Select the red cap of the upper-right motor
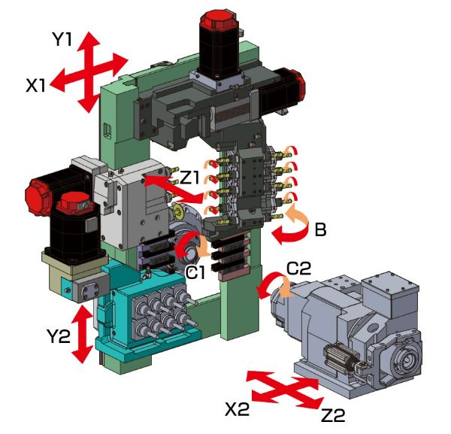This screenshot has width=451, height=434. [292, 80]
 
